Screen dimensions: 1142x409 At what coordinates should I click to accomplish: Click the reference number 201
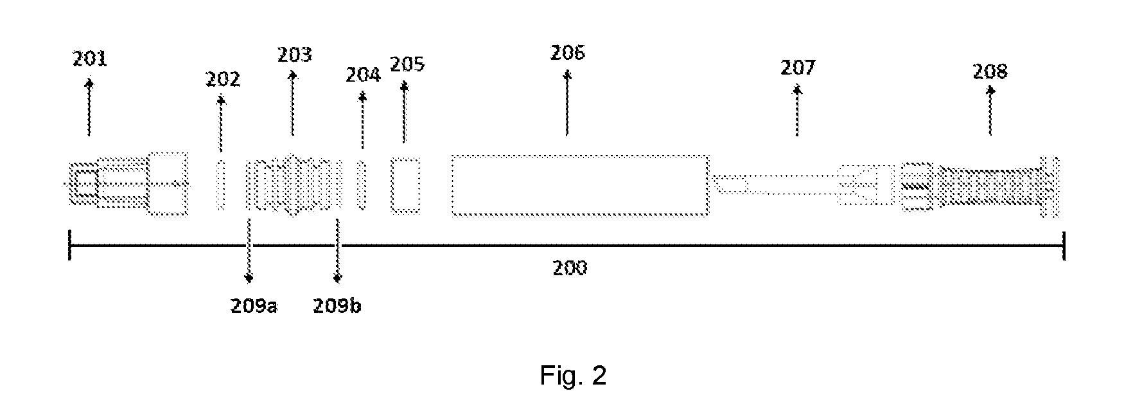click(89, 60)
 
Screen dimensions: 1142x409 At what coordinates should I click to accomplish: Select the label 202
click(223, 80)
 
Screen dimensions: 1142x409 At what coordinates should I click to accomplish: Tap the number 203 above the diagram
click(295, 55)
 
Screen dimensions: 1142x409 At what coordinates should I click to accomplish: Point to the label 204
click(364, 75)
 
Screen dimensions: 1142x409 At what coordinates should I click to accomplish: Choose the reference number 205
click(407, 65)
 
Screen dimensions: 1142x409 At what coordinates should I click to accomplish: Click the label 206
click(568, 53)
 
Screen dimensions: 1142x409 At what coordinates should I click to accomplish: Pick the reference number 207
click(798, 68)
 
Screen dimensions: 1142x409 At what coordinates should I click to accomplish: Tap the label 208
click(990, 71)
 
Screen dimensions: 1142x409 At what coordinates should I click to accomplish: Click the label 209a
click(254, 306)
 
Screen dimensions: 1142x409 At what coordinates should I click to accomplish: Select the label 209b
click(337, 306)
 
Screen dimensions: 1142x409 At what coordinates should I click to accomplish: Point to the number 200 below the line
click(570, 268)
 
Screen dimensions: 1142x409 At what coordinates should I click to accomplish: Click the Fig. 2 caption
click(573, 376)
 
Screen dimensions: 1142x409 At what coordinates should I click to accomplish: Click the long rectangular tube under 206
click(580, 186)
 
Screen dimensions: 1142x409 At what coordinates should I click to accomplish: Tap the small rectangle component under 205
click(405, 185)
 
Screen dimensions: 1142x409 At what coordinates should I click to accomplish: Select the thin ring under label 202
click(221, 185)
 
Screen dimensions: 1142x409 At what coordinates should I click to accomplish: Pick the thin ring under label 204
click(362, 185)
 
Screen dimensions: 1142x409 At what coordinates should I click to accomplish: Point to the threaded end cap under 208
click(980, 186)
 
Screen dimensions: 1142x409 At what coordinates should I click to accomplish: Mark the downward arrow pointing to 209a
click(249, 251)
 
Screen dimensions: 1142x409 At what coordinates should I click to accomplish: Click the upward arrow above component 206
click(567, 103)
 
